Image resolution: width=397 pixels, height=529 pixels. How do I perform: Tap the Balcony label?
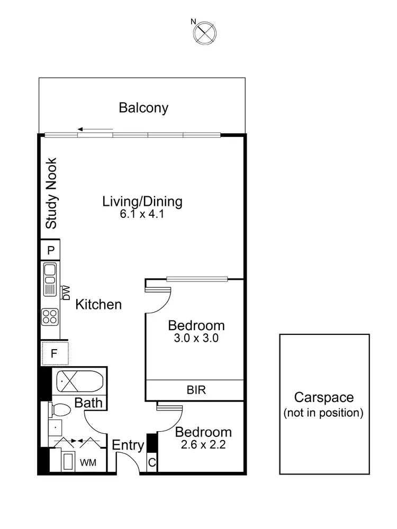143,108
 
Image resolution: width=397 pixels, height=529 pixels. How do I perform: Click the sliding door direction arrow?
95,129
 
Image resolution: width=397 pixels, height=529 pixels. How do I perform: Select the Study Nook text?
51,194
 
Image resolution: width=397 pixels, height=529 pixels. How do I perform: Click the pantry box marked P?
51,250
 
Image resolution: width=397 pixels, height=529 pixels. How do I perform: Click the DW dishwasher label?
67,293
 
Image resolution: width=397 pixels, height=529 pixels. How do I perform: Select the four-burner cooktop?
51,317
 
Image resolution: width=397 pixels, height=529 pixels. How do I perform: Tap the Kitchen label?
98,305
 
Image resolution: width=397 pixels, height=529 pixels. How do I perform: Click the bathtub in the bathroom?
78,381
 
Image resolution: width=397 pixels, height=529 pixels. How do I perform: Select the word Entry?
128,446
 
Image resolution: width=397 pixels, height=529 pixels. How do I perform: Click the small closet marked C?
151,463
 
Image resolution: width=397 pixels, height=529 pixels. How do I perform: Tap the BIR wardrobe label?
196,391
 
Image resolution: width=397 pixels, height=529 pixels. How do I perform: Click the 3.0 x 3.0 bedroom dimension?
196,339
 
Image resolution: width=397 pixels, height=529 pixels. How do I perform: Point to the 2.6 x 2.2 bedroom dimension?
203,445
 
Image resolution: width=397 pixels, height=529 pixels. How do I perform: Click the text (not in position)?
323,413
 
